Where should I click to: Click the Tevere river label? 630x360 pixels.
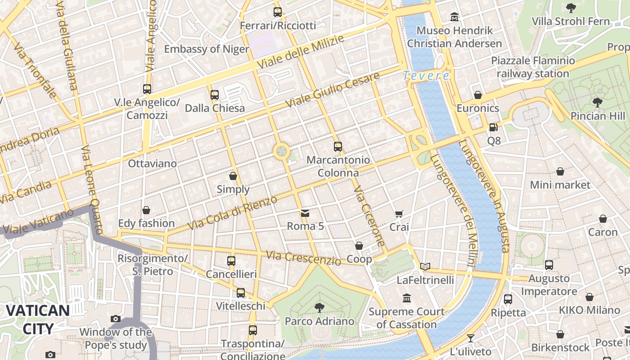426,76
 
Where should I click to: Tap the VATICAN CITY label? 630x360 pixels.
38,319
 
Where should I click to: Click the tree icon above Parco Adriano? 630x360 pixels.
319,308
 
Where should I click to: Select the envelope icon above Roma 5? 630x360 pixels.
305,213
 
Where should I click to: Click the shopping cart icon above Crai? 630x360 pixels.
399,214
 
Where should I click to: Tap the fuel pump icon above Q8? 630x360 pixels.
494,127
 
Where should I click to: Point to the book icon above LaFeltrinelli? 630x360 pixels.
425,266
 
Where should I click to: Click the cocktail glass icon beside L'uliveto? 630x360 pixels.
471,338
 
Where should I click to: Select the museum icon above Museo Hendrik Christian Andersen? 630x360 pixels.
454,17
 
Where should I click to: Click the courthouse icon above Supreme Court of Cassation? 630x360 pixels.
407,298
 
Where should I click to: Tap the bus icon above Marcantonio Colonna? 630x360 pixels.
338,146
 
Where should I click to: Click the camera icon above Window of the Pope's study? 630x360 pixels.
116,319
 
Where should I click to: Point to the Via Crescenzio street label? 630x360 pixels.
303,258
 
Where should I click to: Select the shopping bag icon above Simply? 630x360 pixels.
233,175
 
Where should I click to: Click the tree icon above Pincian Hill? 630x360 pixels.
598,103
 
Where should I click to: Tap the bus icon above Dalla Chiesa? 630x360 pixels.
215,95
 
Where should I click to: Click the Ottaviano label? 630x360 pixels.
153,163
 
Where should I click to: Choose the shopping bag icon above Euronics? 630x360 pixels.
478,95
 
